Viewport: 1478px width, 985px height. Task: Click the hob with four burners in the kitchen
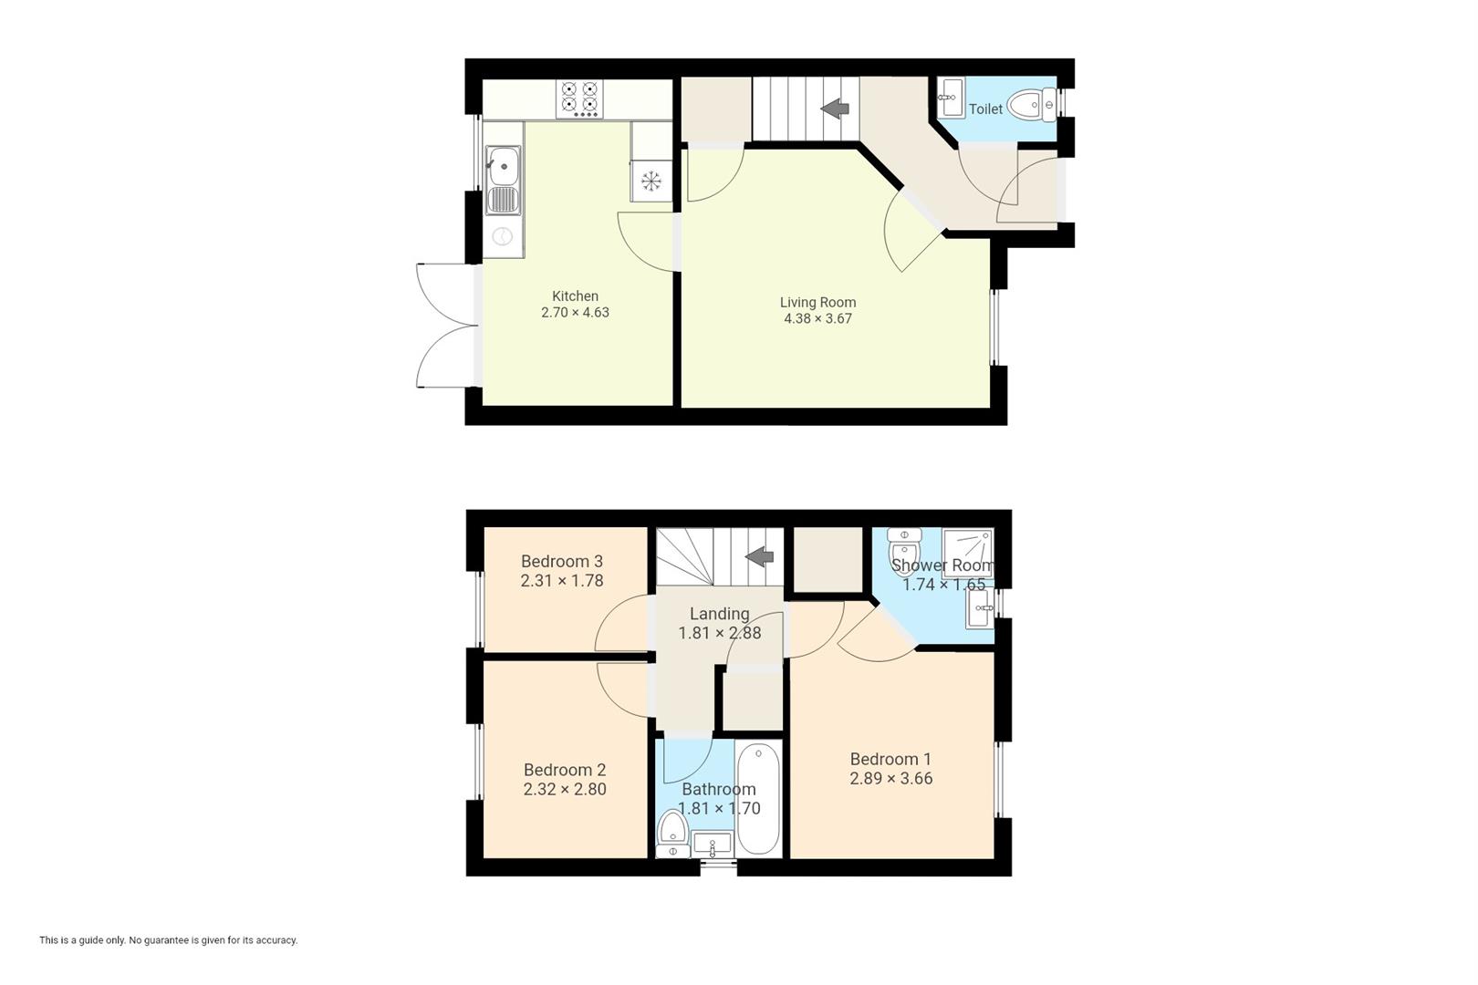coord(580,98)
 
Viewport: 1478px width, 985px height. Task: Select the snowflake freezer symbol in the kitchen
coord(651,181)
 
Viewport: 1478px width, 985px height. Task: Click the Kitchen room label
coord(575,296)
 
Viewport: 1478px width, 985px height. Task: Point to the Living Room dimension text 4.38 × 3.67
coord(817,318)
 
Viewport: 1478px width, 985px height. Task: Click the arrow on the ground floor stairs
coord(835,109)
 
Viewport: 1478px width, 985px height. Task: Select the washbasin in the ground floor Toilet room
coord(951,98)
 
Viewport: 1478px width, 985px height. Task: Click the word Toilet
coord(985,109)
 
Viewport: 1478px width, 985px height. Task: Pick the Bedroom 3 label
coord(562,562)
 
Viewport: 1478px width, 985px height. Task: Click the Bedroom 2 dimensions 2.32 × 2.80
coord(565,790)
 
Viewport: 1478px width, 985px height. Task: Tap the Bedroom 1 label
coord(890,759)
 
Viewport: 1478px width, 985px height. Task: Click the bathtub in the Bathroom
coord(757,800)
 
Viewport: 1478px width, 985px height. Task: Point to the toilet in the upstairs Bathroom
coord(673,832)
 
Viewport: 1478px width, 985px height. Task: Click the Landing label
coord(719,614)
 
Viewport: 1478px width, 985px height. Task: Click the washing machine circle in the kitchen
coord(503,237)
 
